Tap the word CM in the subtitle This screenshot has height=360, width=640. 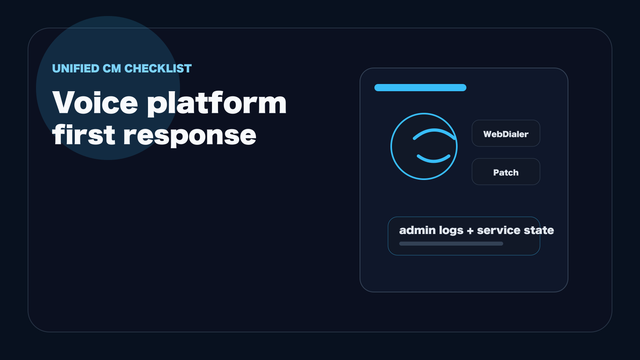pyautogui.click(x=112, y=68)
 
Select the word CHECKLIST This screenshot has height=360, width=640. pyautogui.click(x=158, y=68)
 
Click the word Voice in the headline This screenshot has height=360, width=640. pyautogui.click(x=95, y=102)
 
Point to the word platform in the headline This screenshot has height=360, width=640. pyautogui.click(x=217, y=104)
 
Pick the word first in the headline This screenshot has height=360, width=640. pyautogui.click(x=84, y=134)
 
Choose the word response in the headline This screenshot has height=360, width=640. pyautogui.click(x=190, y=136)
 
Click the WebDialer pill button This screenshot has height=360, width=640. pyautogui.click(x=506, y=134)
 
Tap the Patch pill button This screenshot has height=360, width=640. pyautogui.click(x=506, y=172)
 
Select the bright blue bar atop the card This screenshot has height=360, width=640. pyautogui.click(x=420, y=88)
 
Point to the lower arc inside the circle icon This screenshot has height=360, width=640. pyautogui.click(x=434, y=160)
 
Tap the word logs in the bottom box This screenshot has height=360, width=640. pyautogui.click(x=451, y=231)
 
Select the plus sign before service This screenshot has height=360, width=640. pyautogui.click(x=470, y=231)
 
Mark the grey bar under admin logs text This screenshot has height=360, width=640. pyautogui.click(x=451, y=244)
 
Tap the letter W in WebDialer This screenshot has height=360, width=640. pyautogui.click(x=488, y=134)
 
